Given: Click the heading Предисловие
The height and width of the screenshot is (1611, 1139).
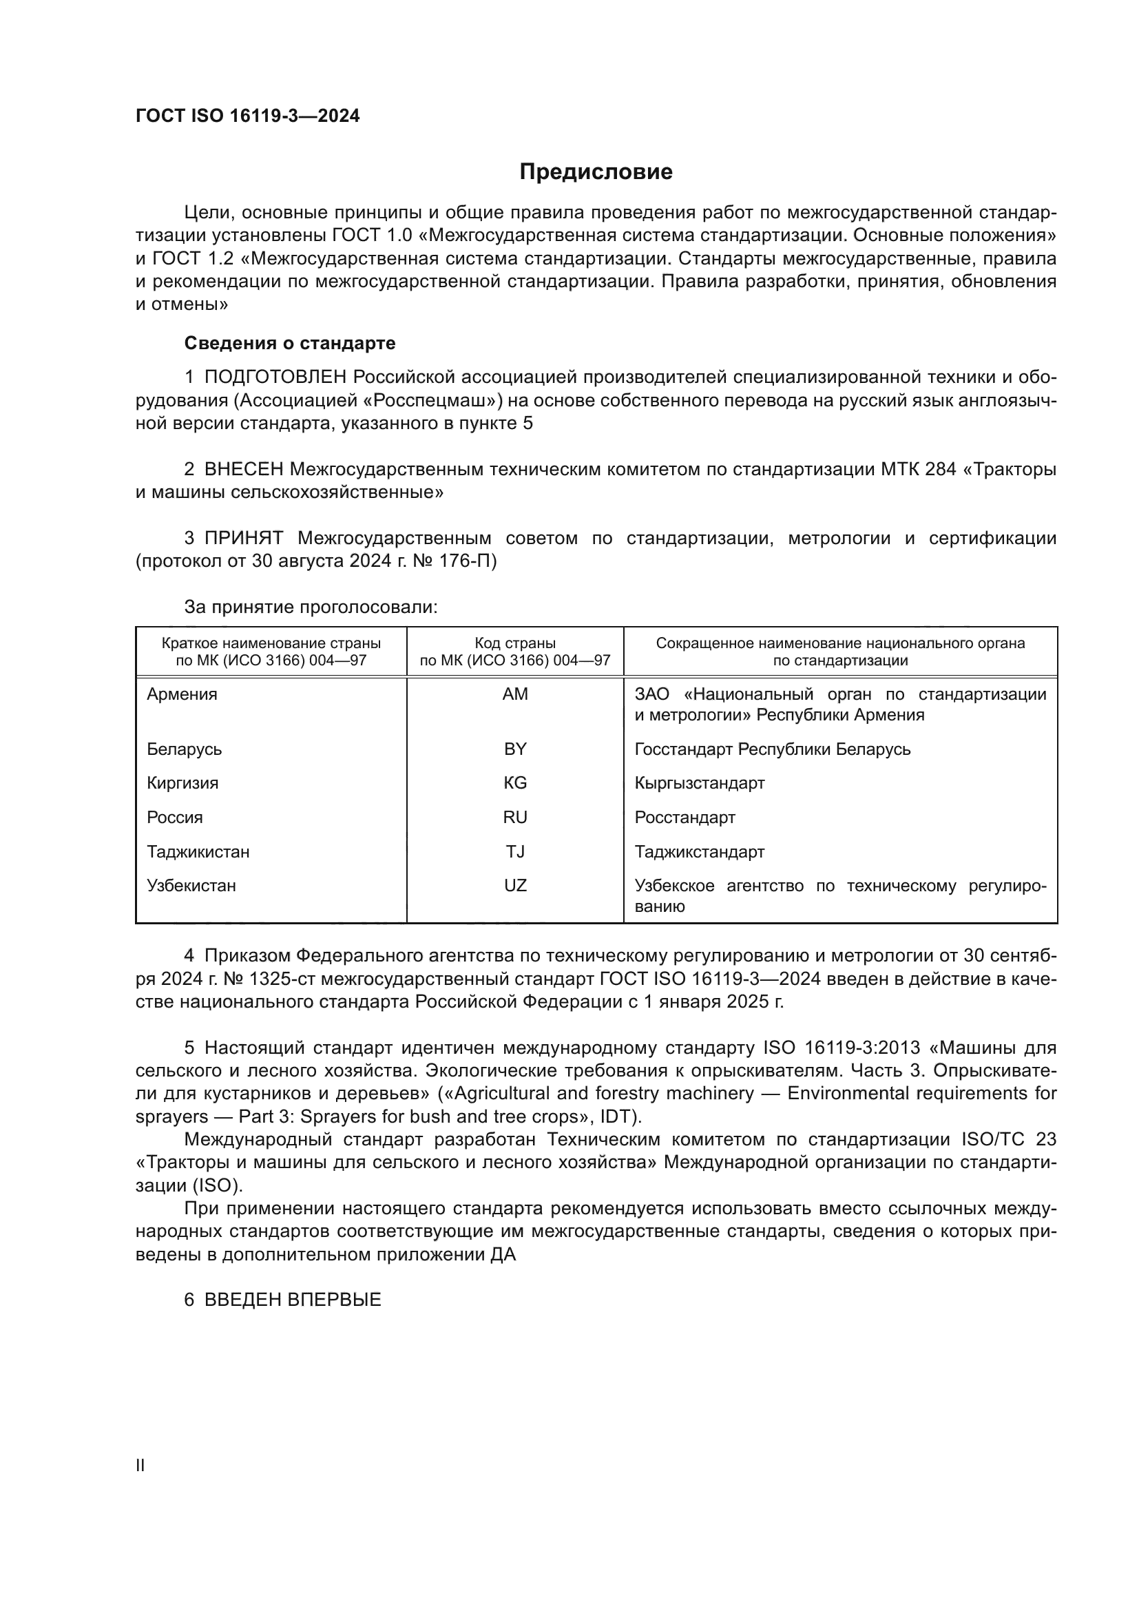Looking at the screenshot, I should (596, 172).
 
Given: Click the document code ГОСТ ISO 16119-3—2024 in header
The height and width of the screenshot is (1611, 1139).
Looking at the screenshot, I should (247, 116).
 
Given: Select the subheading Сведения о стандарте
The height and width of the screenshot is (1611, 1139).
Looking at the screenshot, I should (290, 343).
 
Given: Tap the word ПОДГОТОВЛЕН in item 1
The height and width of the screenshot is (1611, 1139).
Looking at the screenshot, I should (275, 377).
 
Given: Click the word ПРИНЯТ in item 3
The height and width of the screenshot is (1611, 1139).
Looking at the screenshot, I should (243, 538).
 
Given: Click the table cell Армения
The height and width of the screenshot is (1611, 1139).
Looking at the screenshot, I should (182, 694).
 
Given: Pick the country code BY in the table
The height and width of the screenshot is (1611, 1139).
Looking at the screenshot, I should (515, 749).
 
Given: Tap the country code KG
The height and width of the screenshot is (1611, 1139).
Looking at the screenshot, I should (515, 783).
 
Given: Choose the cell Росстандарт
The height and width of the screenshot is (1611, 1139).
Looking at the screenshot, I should (685, 818).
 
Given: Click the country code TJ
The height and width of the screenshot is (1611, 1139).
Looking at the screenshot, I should (515, 852).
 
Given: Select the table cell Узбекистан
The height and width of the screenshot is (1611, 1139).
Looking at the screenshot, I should (191, 886).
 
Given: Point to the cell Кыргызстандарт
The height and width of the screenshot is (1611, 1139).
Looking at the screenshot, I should (699, 783).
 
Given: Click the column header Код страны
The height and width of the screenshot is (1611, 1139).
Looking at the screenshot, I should (515, 643).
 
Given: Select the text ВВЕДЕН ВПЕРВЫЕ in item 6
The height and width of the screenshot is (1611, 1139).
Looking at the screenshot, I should (293, 1300).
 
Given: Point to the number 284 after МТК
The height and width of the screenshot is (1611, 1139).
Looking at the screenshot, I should (940, 470).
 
